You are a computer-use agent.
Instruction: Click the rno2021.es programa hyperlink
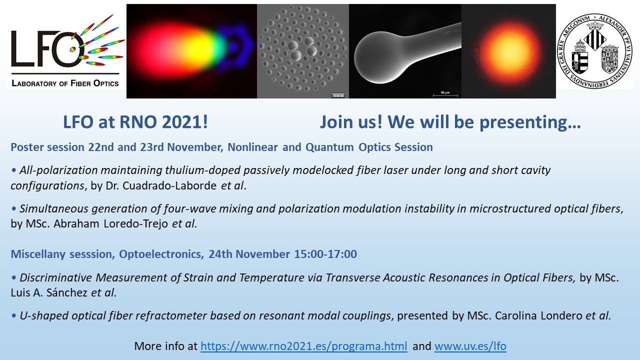point(303,346)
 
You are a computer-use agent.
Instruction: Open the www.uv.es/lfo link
point(470,346)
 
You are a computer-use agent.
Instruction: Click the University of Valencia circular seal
point(595,51)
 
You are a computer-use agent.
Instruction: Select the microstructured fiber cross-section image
point(303,51)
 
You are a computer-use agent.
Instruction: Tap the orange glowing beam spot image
point(508,51)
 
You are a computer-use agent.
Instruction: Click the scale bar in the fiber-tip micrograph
point(445,95)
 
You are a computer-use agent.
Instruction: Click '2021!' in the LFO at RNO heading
point(185,122)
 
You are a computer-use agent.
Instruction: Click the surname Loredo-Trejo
point(135,223)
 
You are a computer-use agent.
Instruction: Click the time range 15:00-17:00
point(325,254)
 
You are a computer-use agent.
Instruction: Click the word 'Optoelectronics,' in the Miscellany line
point(161,254)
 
